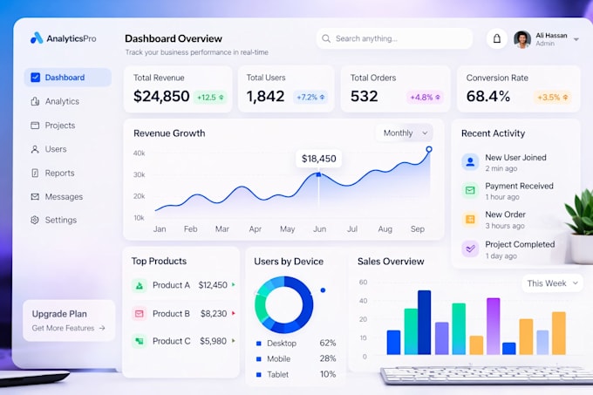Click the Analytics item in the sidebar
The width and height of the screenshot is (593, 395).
55,101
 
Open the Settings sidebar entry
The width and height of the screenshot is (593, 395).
53,220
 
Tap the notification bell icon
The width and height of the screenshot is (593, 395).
496,38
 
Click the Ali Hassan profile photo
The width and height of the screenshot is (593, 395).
522,39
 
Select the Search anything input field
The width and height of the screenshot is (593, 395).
394,38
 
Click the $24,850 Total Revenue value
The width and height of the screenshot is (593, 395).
161,96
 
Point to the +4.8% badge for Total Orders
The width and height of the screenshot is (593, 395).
425,97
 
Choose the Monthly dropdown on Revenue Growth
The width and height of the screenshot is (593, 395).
405,133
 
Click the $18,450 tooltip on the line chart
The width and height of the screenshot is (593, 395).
318,159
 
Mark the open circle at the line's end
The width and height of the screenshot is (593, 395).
429,149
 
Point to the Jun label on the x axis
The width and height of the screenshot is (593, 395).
319,229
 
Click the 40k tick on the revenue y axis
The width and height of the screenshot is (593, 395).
139,153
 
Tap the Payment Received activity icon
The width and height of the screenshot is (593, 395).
470,190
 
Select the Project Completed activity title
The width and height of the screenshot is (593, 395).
520,244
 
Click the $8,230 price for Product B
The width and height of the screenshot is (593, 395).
214,314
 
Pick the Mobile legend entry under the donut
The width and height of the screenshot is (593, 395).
273,358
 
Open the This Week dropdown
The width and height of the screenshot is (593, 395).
553,283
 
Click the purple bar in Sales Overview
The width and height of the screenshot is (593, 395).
494,326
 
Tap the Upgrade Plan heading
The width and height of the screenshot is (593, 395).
59,314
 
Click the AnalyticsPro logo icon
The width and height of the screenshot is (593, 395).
37,37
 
